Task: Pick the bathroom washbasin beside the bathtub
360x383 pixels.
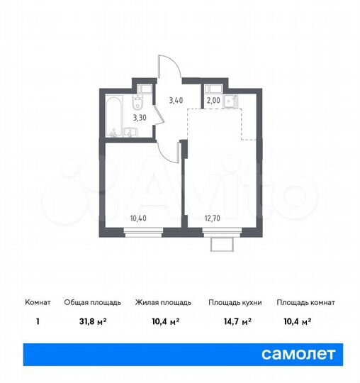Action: click(x=132, y=131)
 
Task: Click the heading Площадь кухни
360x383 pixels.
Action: click(x=235, y=302)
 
